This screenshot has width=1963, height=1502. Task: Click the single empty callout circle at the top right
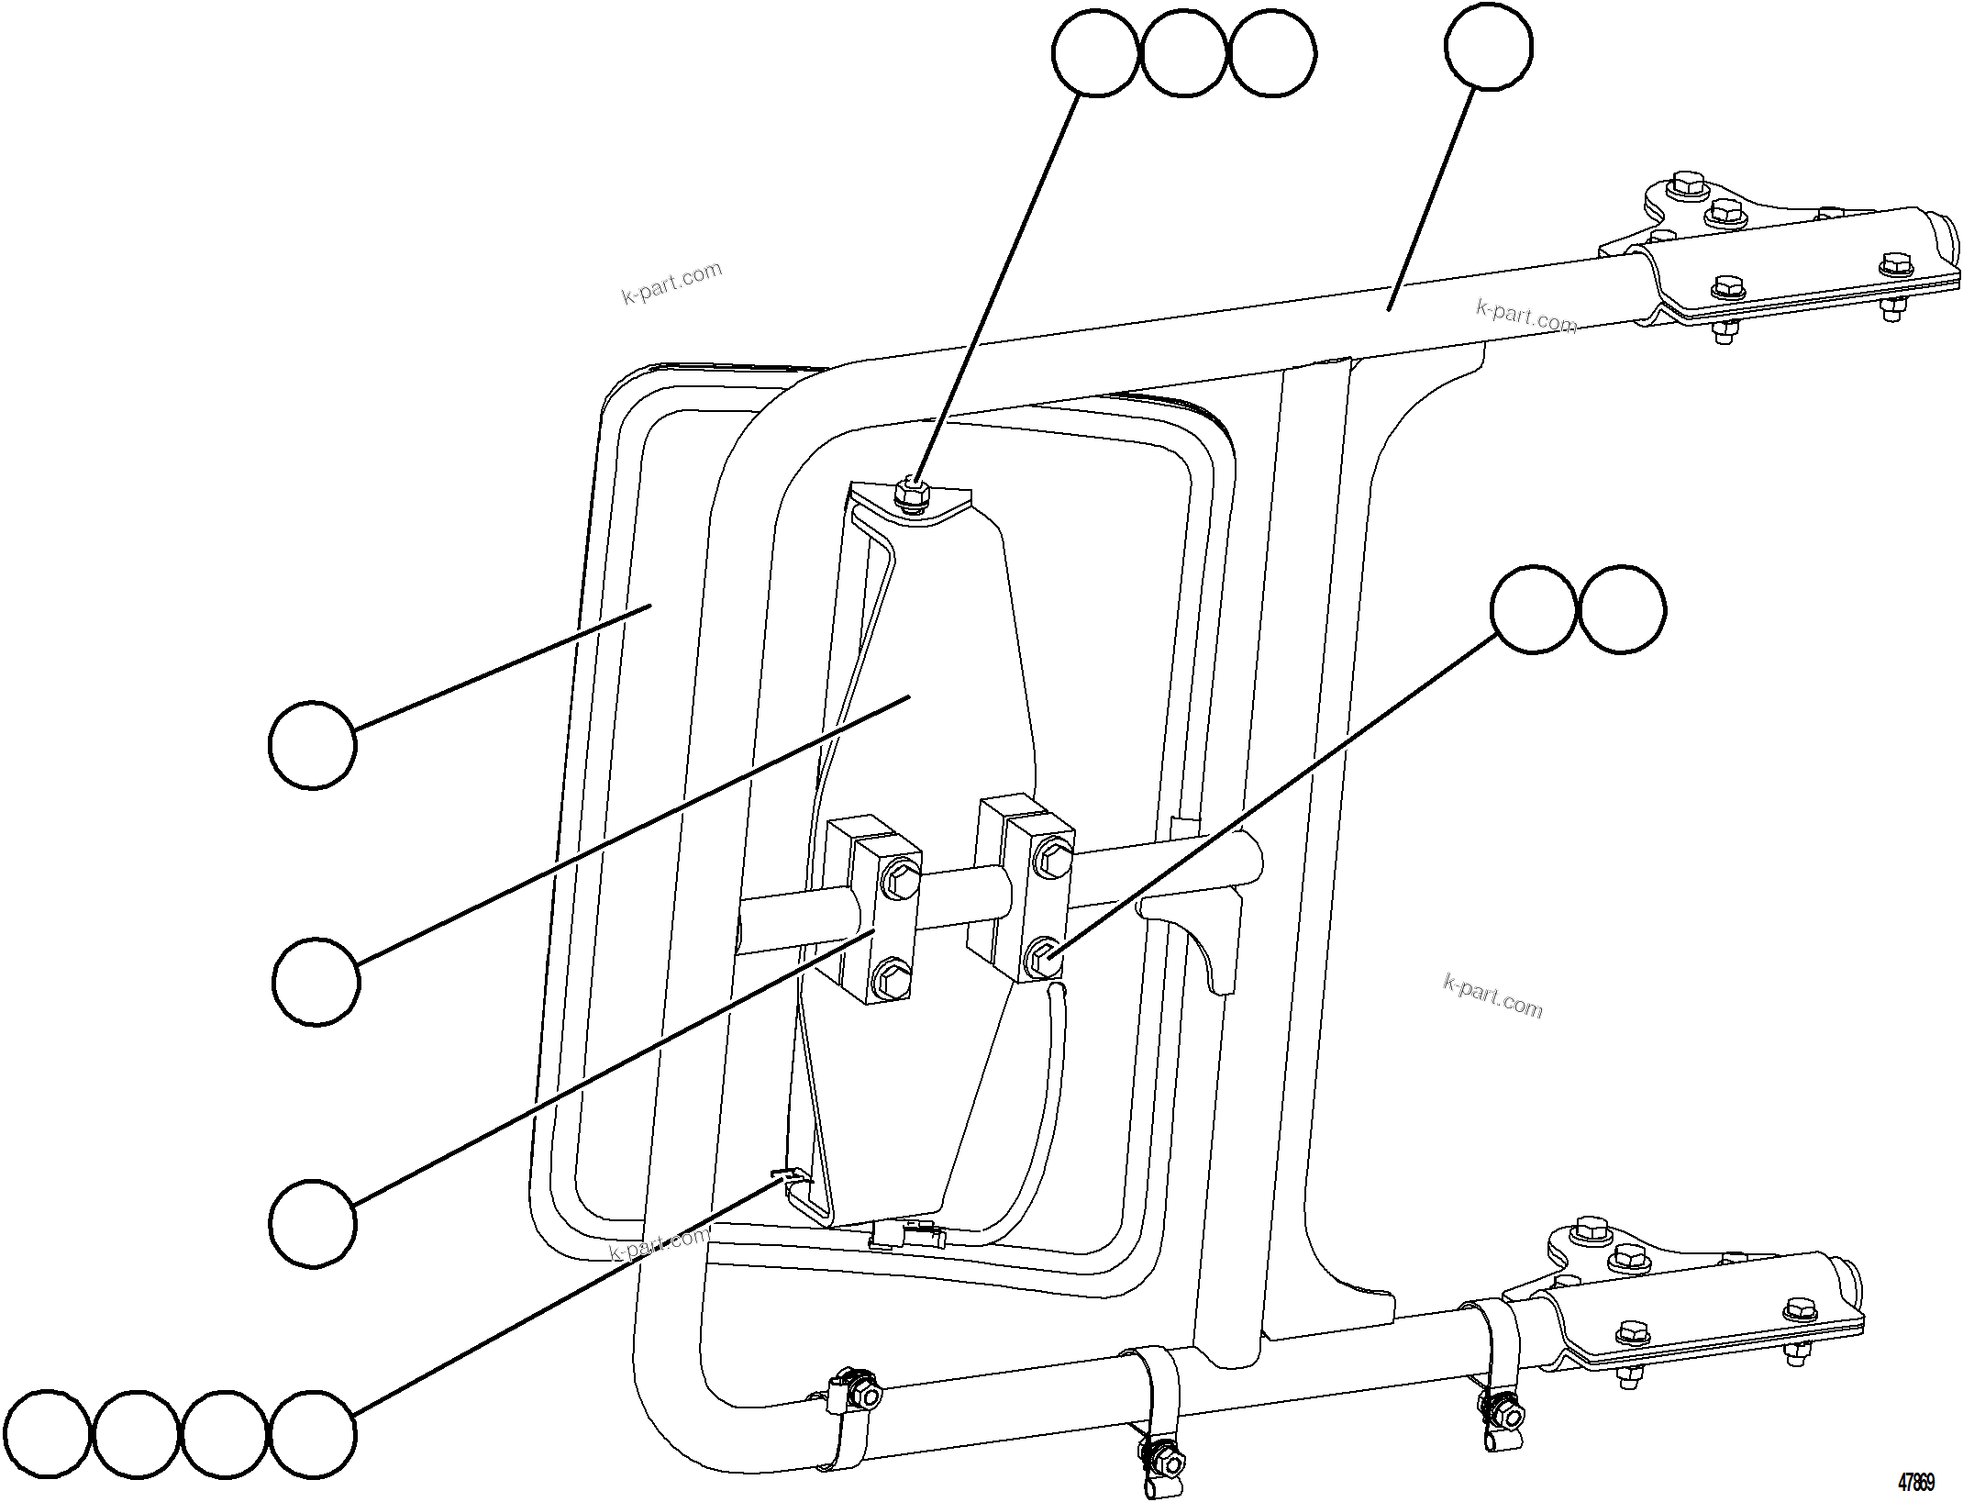(x=1488, y=47)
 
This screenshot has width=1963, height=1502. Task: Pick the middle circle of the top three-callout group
(x=1183, y=53)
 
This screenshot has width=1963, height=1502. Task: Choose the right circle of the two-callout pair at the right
(x=1622, y=609)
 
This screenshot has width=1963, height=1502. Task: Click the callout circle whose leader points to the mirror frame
(x=312, y=744)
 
